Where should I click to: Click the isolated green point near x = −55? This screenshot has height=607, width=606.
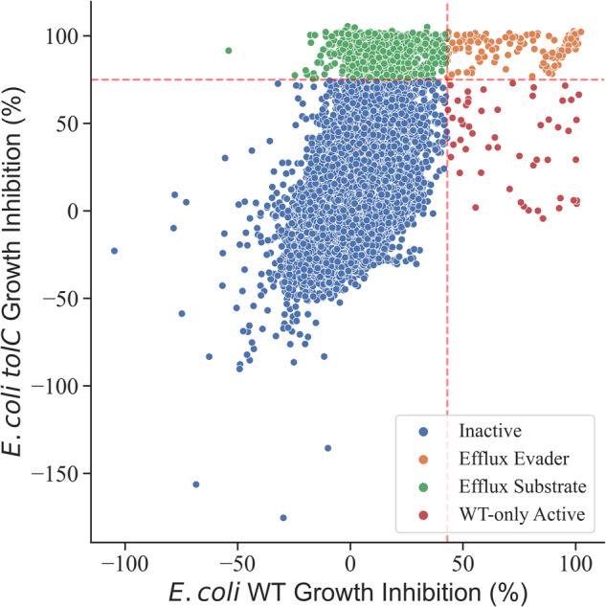228,51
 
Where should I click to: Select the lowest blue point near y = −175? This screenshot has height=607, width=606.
283,518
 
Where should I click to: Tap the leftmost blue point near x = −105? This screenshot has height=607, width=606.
114,251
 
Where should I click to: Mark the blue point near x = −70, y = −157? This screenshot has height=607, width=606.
196,484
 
